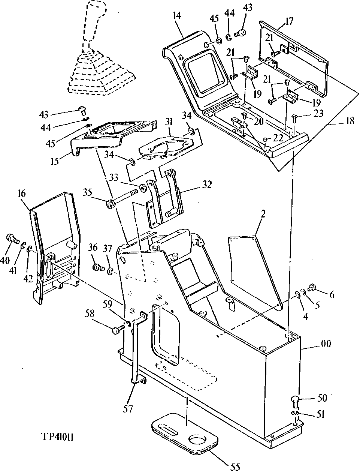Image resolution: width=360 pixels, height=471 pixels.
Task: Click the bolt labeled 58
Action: pyautogui.click(x=117, y=330)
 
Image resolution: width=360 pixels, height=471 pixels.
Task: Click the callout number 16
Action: pyautogui.click(x=21, y=193)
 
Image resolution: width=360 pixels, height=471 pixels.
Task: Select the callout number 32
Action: pyautogui.click(x=207, y=184)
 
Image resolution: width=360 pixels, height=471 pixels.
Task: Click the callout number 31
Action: pyautogui.click(x=170, y=123)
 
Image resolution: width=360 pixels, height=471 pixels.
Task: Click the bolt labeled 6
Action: pyautogui.click(x=311, y=288)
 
